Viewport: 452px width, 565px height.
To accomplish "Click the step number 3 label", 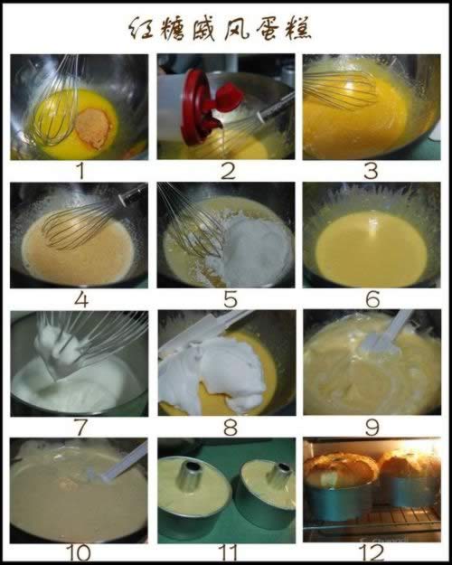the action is point(371,171).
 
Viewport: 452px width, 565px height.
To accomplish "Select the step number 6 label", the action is point(372,299).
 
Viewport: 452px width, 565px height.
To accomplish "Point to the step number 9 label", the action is point(372,427).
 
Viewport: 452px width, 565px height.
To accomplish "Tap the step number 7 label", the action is point(80,427).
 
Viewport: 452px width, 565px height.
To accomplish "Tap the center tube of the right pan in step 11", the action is point(281,475).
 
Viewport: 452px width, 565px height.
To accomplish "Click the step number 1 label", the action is point(80,171).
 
